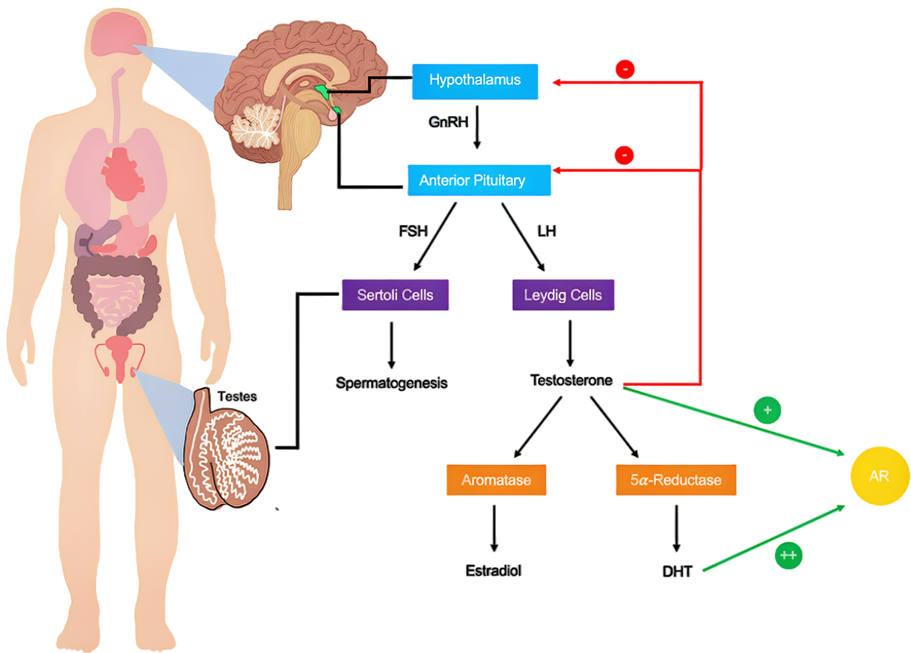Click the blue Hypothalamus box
(474, 81)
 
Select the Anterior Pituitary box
(479, 180)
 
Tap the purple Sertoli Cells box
(395, 295)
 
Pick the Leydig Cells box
(563, 295)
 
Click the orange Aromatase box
(496, 480)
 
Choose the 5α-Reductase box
(675, 480)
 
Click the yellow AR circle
(879, 476)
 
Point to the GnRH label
(448, 122)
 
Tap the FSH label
(413, 231)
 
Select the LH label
(546, 231)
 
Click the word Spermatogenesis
(391, 383)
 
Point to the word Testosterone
(571, 380)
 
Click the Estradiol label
(493, 571)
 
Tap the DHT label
(676, 571)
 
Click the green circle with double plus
(788, 556)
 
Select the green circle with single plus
(767, 410)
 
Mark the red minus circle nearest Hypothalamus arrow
(625, 69)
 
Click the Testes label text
(237, 396)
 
